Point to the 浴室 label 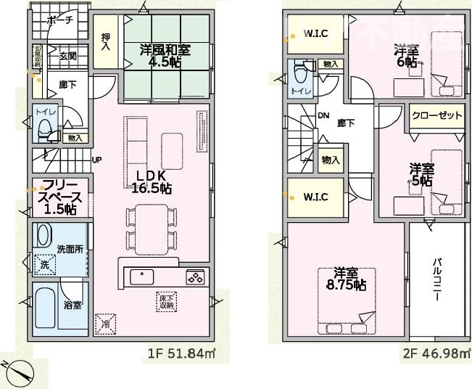[x=73, y=305]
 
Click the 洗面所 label [x=70, y=249]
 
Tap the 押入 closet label [x=106, y=41]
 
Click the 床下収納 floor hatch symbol [x=166, y=301]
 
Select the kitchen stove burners [x=195, y=276]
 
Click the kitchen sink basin [x=141, y=277]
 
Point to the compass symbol [x=18, y=372]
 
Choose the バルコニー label [x=439, y=279]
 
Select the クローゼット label [x=436, y=116]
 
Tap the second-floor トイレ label [x=297, y=91]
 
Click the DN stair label [x=323, y=115]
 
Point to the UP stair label [x=96, y=160]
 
